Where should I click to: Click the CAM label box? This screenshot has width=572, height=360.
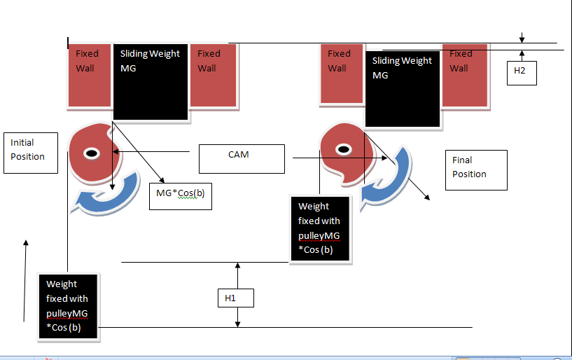242,159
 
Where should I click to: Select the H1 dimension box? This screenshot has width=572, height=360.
235,298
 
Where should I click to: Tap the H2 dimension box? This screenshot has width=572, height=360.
522,71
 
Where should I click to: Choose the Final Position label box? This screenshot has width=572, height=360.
476,169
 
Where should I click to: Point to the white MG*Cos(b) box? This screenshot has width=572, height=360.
180,195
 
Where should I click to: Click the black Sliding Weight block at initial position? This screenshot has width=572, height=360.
151,80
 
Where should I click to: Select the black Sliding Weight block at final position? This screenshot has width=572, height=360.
403,88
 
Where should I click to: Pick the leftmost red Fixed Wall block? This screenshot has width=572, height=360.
89,76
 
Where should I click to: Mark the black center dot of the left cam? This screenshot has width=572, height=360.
91,153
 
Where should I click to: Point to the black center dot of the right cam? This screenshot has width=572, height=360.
343,149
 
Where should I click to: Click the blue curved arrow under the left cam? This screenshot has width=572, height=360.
104,199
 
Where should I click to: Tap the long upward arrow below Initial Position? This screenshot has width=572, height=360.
26,280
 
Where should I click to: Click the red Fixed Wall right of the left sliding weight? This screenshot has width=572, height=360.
213,76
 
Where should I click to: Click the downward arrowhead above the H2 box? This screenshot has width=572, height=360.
522,39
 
